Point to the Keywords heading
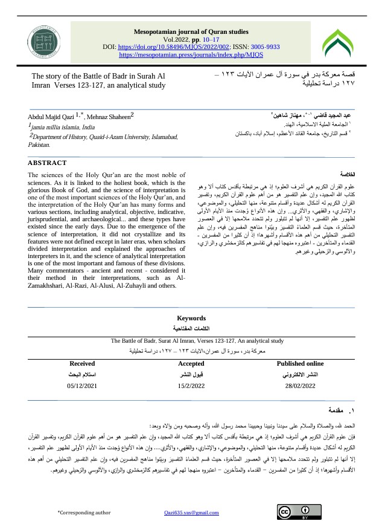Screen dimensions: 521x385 pyautogui.click(x=191, y=318)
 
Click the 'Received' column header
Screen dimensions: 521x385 pyautogui.click(x=82, y=363)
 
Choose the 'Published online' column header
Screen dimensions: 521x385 pyautogui.click(x=300, y=363)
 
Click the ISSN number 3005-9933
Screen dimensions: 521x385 pyautogui.click(x=262, y=46)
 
